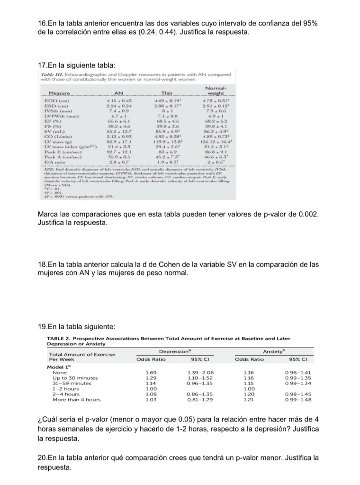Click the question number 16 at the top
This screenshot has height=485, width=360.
click(x=42, y=24)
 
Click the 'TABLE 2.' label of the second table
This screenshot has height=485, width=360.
click(x=59, y=338)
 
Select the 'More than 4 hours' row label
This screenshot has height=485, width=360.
click(x=77, y=399)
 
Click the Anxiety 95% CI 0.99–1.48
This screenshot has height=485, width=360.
click(x=297, y=399)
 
